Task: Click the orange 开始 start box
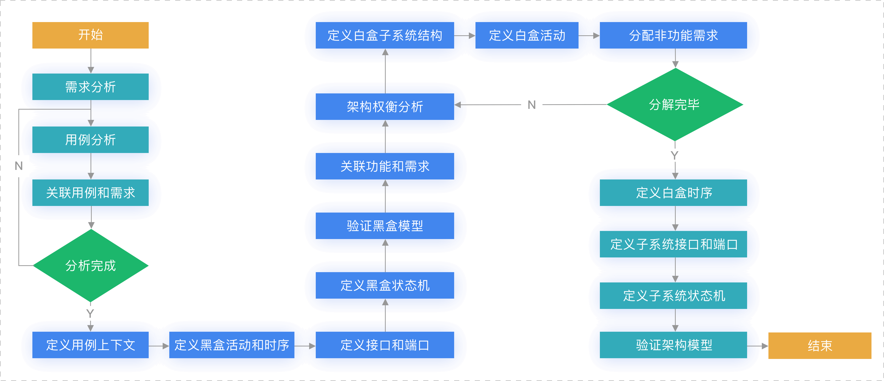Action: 90,35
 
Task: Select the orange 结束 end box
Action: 819,345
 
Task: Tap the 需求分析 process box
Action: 90,87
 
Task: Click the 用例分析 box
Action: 90,140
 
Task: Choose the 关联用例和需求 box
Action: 90,192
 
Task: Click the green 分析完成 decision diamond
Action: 90,266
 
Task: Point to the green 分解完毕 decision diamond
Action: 675,104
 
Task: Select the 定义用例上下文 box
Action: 90,345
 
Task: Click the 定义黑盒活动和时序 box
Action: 232,345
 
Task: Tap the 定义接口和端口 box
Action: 385,345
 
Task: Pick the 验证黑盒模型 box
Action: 385,226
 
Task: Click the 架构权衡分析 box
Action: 385,107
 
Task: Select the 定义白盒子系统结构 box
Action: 385,35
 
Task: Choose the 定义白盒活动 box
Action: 527,35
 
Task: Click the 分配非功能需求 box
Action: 673,35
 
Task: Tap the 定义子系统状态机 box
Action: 673,296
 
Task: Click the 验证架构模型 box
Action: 673,345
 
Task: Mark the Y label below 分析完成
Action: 91,313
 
